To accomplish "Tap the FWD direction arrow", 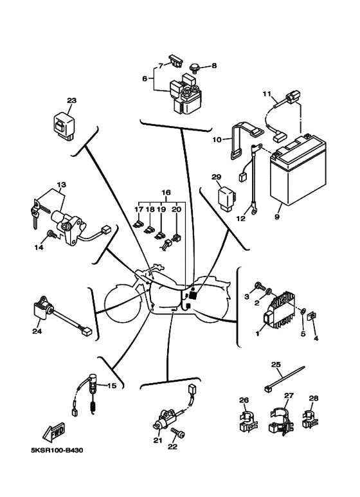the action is (x=54, y=431).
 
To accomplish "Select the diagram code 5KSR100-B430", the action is (x=57, y=451).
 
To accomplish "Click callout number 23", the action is (x=71, y=101).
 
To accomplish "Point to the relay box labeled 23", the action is (x=64, y=126).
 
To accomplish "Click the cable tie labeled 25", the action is (x=284, y=379).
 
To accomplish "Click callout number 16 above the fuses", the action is (x=166, y=192).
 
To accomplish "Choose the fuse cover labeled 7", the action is (x=176, y=60).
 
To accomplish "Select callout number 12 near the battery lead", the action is (x=241, y=219).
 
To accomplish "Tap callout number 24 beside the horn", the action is (x=37, y=332).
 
